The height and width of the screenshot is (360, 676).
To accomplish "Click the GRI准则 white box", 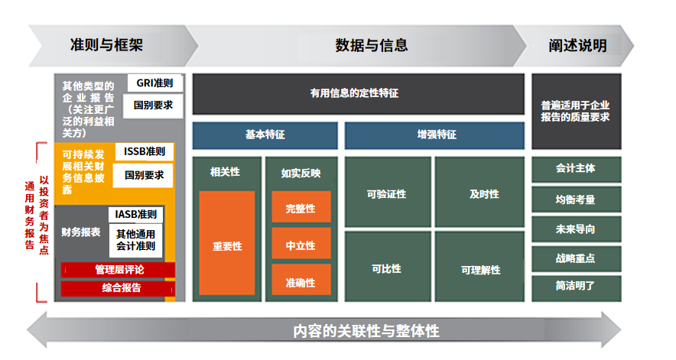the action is (x=154, y=83).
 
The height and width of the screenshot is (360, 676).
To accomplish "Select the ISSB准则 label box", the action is (x=145, y=151).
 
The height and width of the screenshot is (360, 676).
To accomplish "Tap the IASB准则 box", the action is (x=135, y=214).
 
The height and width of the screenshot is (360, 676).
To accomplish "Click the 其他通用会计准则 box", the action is (x=135, y=240).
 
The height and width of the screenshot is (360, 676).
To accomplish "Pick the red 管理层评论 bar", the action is (x=118, y=270).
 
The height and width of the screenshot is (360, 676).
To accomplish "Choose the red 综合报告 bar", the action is (x=118, y=288).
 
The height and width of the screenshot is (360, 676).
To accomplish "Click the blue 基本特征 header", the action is (x=265, y=135).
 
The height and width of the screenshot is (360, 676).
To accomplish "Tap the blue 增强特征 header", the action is (x=434, y=135).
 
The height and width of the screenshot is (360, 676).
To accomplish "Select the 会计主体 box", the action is (x=577, y=170).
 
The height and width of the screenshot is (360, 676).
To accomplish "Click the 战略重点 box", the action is (x=577, y=259).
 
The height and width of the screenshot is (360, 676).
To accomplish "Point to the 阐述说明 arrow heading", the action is (x=577, y=45).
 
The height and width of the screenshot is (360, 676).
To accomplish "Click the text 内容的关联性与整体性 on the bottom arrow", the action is (x=366, y=331).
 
